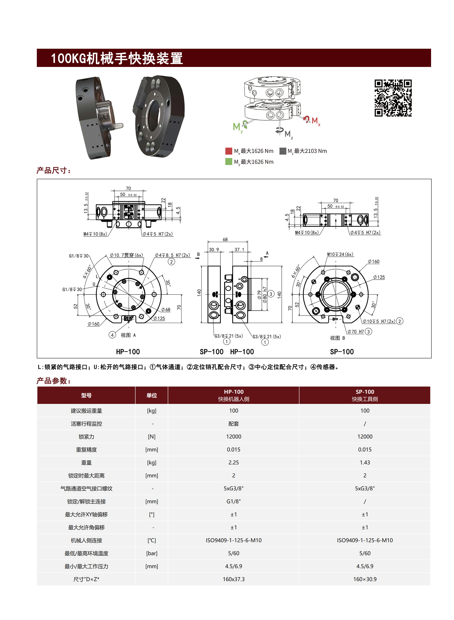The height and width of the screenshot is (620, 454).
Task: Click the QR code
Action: pyautogui.click(x=393, y=98)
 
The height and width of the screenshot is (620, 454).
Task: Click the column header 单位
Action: pyautogui.click(x=151, y=395)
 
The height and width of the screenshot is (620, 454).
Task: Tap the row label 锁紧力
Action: pyautogui.click(x=86, y=436)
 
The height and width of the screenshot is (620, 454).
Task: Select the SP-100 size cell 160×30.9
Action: pyautogui.click(x=365, y=579)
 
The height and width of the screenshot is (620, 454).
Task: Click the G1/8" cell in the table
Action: pyautogui.click(x=233, y=501)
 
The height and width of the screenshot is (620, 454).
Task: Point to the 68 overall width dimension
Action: pyautogui.click(x=225, y=240)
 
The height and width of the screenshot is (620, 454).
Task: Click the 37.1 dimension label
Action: pyautogui.click(x=239, y=249)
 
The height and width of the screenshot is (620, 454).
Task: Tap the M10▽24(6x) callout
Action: pyautogui.click(x=340, y=254)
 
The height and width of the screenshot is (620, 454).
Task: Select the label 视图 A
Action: pyautogui.click(x=128, y=335)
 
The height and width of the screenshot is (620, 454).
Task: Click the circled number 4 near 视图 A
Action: pyautogui.click(x=112, y=335)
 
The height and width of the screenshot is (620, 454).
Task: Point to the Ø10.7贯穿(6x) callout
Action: pyautogui.click(x=126, y=255)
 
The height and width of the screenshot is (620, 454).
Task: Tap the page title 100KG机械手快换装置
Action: pyautogui.click(x=117, y=58)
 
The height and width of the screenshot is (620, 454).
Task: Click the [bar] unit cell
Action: pyautogui.click(x=151, y=553)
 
